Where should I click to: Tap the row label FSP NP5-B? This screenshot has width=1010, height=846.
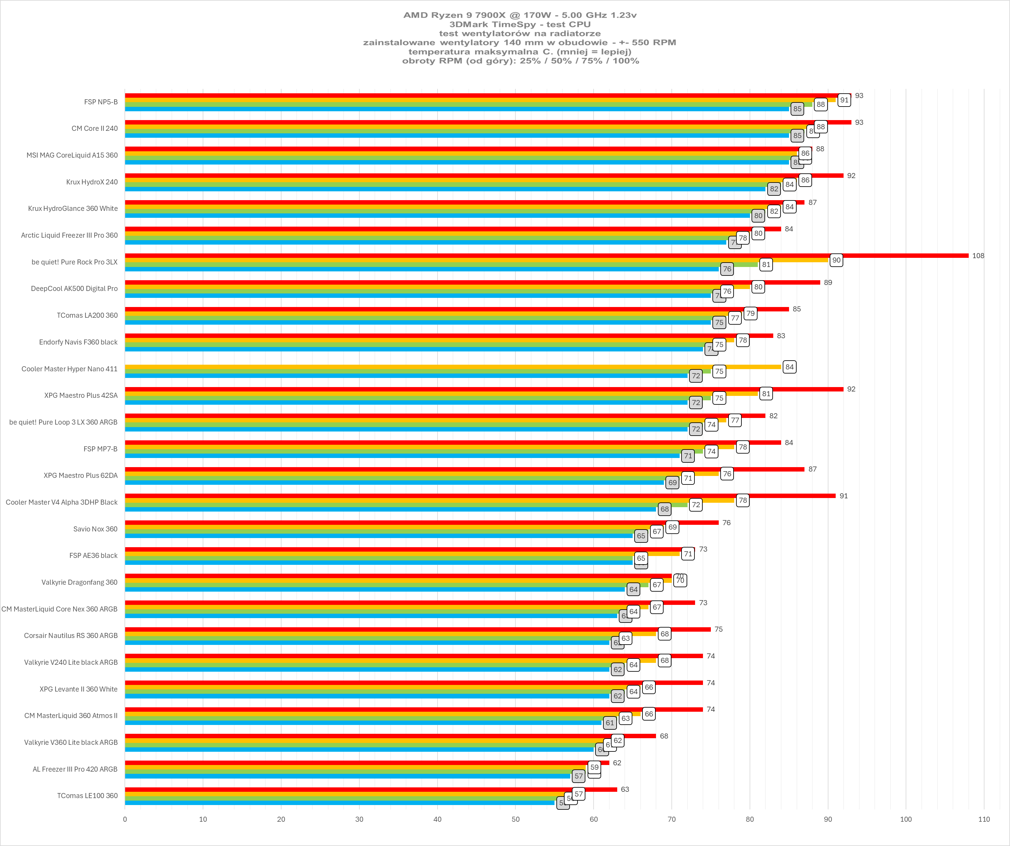click(101, 102)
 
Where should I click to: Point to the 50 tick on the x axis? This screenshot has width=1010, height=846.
click(515, 819)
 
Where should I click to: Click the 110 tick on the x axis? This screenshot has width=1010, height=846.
click(984, 819)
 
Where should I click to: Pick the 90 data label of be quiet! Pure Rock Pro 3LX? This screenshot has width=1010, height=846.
click(836, 260)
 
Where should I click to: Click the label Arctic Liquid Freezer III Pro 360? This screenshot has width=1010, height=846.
click(69, 235)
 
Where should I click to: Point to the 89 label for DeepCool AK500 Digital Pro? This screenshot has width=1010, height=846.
click(828, 282)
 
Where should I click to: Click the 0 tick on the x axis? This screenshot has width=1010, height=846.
click(125, 819)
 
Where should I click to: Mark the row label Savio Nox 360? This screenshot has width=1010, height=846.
click(95, 529)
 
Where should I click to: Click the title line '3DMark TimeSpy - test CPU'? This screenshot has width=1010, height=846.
click(520, 24)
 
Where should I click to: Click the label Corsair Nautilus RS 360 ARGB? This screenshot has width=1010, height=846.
click(71, 635)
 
